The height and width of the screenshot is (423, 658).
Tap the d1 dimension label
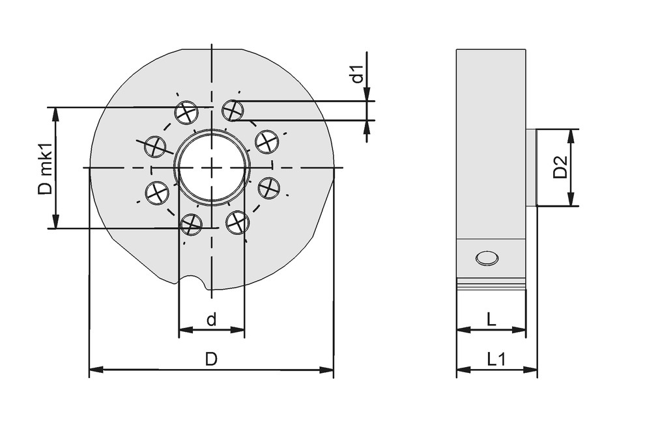click(356, 75)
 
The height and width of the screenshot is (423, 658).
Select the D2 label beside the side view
click(560, 167)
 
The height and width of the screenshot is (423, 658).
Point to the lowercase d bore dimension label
click(211, 320)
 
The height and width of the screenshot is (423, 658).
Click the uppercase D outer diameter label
click(211, 359)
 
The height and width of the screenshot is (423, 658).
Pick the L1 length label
click(496, 359)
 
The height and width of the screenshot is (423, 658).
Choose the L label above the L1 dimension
click(491, 319)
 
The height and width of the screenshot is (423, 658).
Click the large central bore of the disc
click(212, 167)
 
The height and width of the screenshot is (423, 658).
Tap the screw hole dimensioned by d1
click(233, 111)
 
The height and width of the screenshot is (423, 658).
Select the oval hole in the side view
click(487, 258)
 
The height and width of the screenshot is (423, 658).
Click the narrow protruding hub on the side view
click(531, 167)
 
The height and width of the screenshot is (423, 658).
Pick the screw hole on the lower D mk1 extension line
click(191, 225)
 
